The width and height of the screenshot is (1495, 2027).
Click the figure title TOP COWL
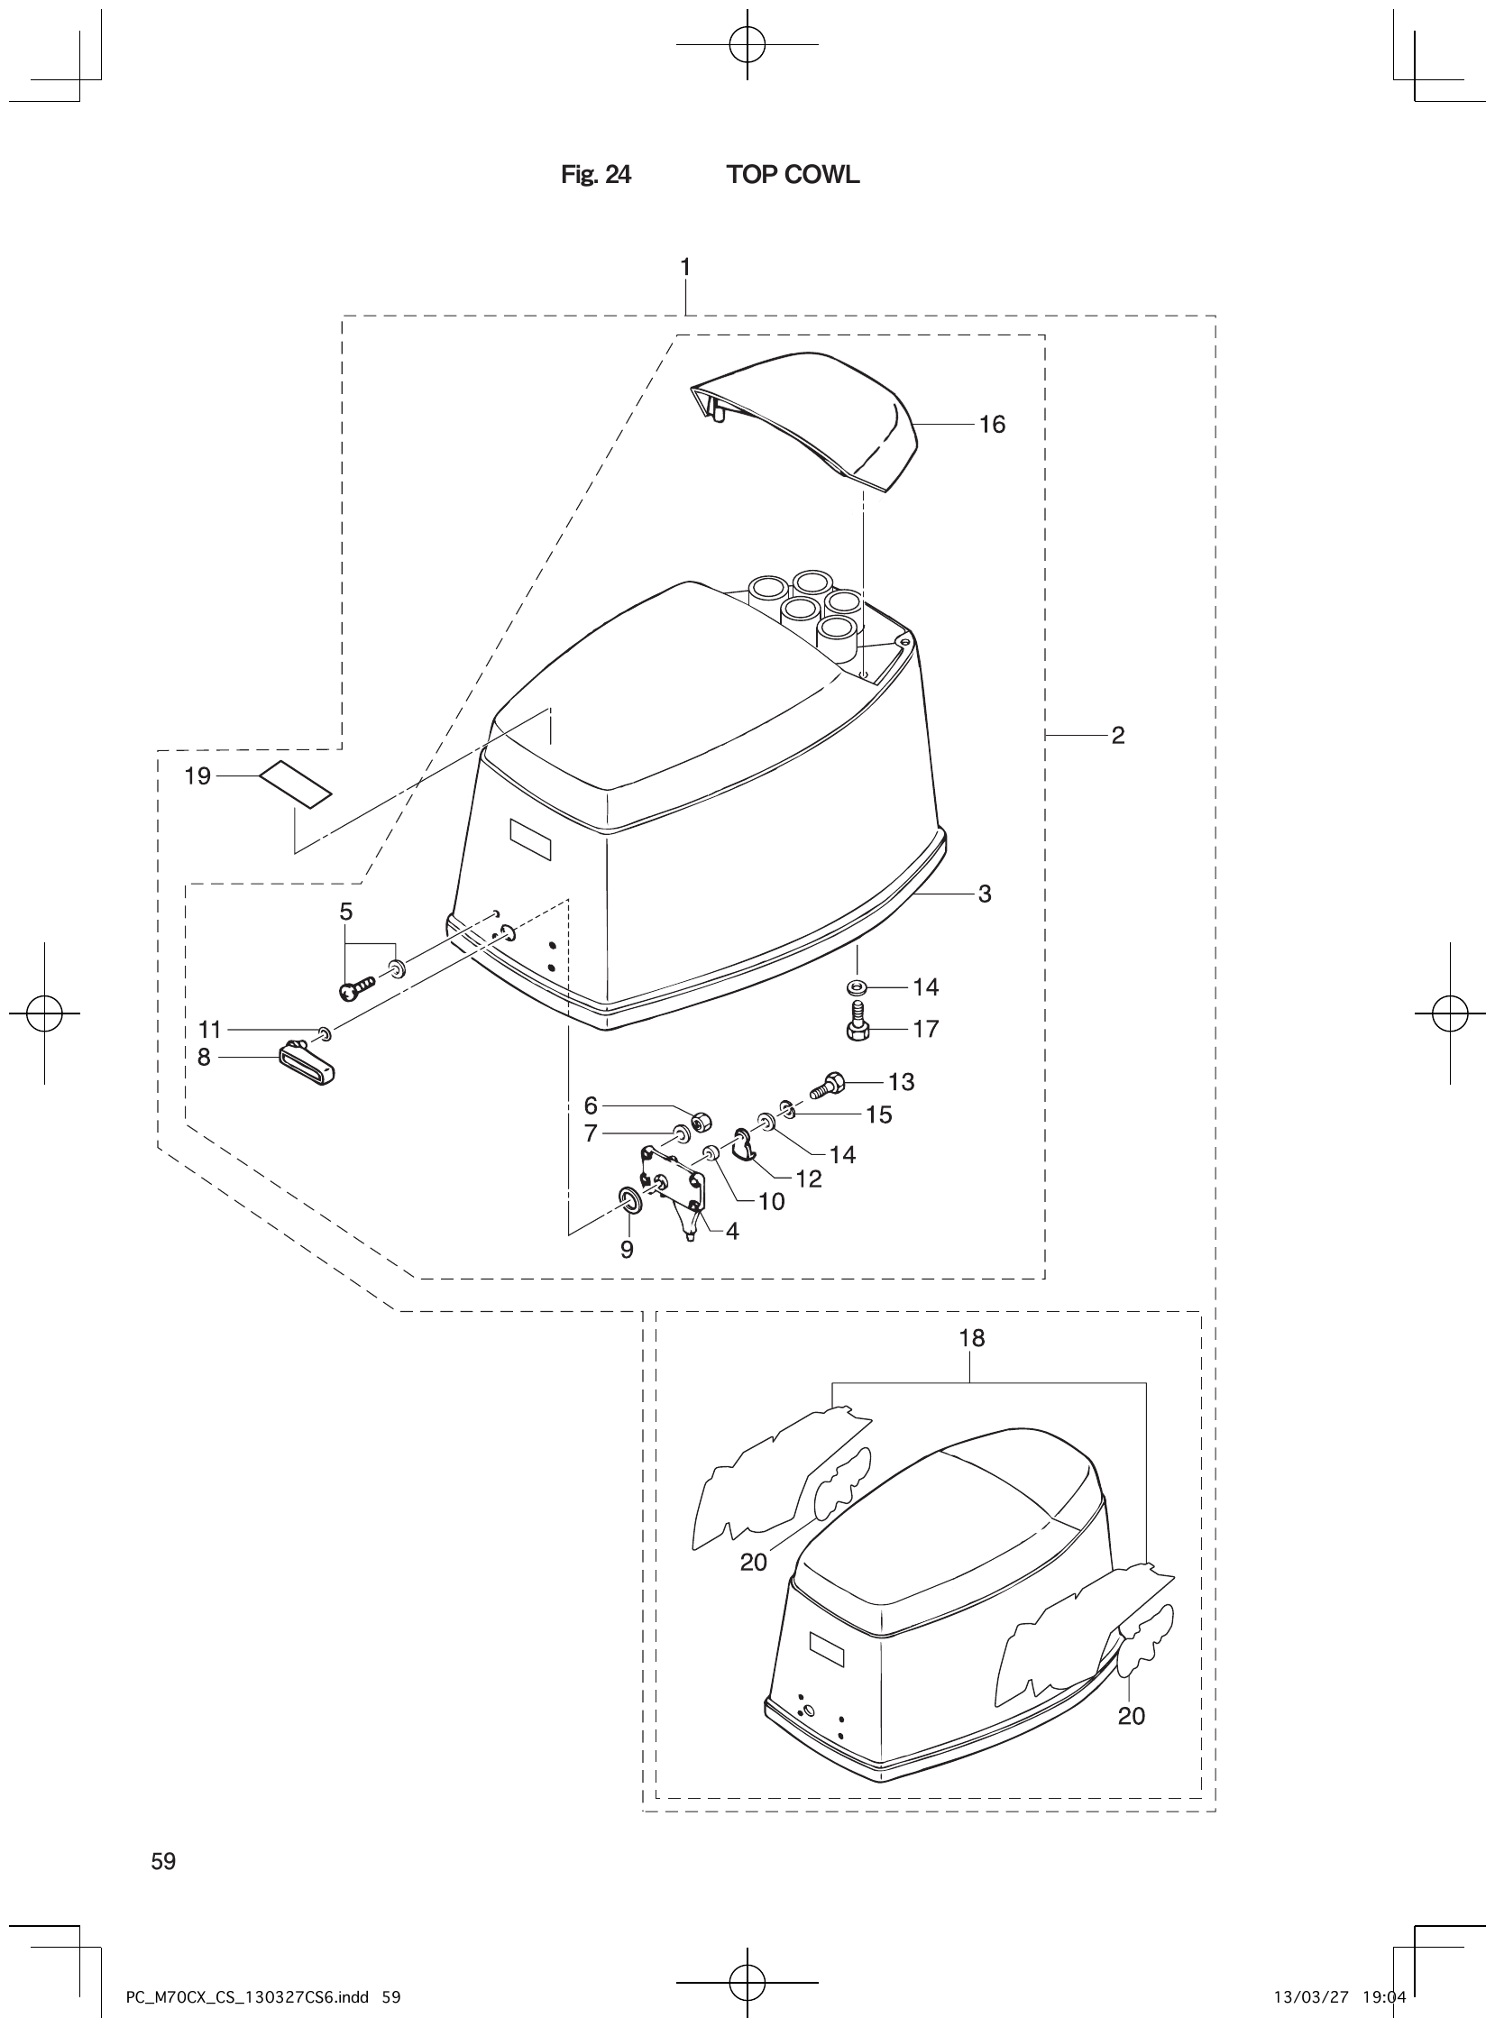point(792,175)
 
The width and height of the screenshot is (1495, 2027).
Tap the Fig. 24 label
point(595,175)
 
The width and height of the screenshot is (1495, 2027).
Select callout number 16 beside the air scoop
point(992,425)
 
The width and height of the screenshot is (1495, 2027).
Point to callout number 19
point(197,775)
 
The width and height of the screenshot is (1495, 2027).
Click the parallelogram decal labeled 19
point(296,784)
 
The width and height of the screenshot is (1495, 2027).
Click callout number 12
point(808,1179)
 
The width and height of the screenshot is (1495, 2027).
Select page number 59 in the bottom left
point(164,1861)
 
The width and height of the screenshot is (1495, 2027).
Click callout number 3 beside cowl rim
point(985,894)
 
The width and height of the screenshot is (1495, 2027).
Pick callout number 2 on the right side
point(1117,735)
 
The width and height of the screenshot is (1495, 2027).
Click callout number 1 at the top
point(685,267)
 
